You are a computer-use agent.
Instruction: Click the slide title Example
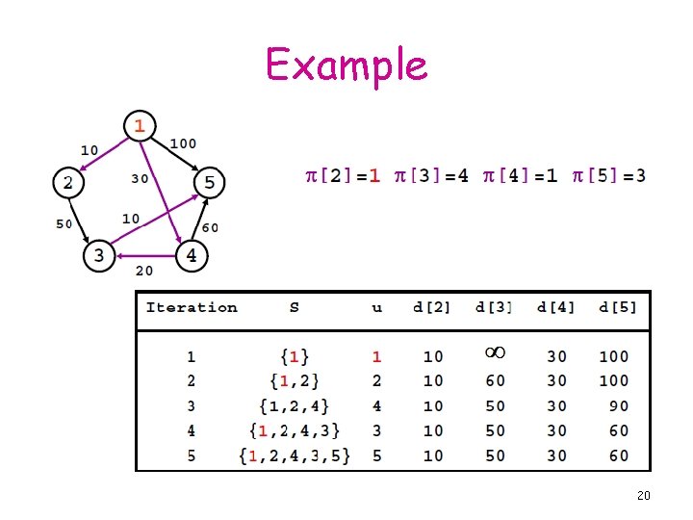tap(346, 65)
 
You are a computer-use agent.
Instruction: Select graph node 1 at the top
tap(141, 125)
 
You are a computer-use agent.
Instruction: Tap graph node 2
tap(67, 181)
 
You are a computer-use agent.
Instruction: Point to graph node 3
tap(98, 256)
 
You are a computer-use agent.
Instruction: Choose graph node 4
tap(191, 256)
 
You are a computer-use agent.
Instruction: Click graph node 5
tap(209, 181)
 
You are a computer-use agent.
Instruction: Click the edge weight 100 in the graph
tap(183, 143)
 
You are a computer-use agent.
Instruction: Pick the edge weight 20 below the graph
tap(143, 271)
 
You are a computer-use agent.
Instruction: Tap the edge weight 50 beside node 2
tap(64, 223)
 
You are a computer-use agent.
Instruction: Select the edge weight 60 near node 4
tap(209, 227)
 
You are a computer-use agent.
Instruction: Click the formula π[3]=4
tap(431, 175)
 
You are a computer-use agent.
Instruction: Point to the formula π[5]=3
tap(609, 175)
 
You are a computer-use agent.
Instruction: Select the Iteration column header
tap(192, 308)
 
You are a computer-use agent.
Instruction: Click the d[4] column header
tap(555, 308)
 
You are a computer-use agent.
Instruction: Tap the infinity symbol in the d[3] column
tap(495, 354)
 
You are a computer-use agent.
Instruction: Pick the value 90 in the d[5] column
tap(618, 406)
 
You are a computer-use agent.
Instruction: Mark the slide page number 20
tap(644, 496)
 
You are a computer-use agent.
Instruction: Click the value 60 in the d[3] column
tap(495, 381)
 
